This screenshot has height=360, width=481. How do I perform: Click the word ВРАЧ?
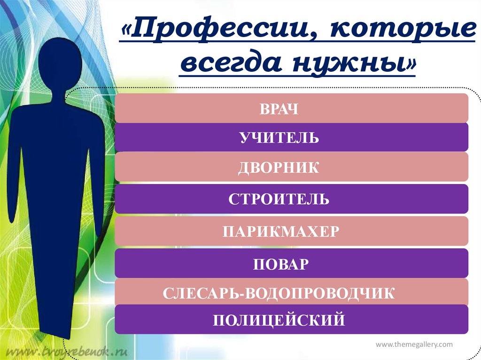(279, 109)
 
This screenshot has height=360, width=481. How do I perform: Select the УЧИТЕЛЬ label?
(279, 138)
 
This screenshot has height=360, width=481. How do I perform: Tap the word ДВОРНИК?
(279, 168)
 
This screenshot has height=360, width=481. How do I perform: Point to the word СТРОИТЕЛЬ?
(279, 199)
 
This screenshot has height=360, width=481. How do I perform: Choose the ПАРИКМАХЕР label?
(281, 231)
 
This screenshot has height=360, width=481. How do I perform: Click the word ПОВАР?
(281, 264)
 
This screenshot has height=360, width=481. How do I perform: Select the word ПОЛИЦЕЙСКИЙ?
(279, 320)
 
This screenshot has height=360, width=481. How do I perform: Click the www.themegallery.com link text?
(414, 345)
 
